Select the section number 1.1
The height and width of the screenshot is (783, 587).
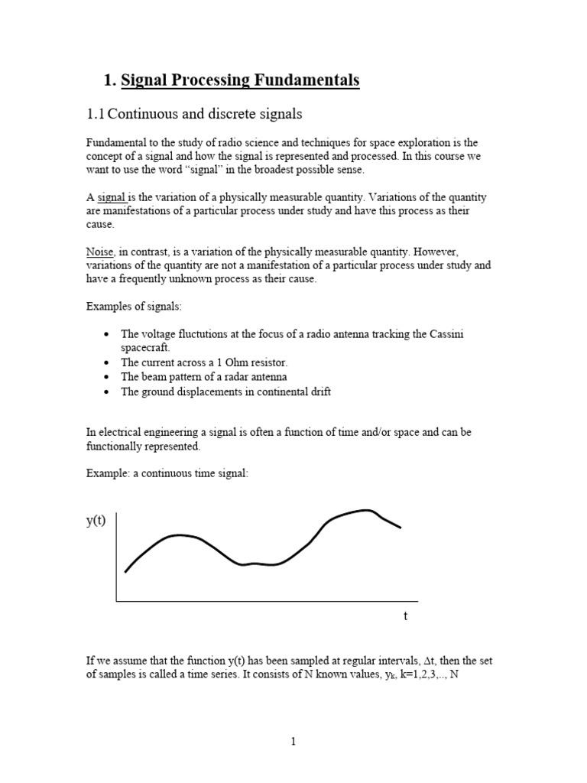[x=95, y=114]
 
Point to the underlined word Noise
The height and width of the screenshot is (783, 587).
[x=99, y=252]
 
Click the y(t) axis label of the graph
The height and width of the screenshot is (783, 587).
[x=96, y=521]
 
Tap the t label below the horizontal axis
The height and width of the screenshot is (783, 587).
[x=405, y=616]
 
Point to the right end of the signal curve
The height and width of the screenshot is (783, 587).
[x=400, y=527]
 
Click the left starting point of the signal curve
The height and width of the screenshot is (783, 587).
[x=125, y=571]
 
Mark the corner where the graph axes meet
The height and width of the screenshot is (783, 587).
[x=116, y=601]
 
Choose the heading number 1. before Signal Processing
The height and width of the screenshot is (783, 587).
[x=109, y=80]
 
